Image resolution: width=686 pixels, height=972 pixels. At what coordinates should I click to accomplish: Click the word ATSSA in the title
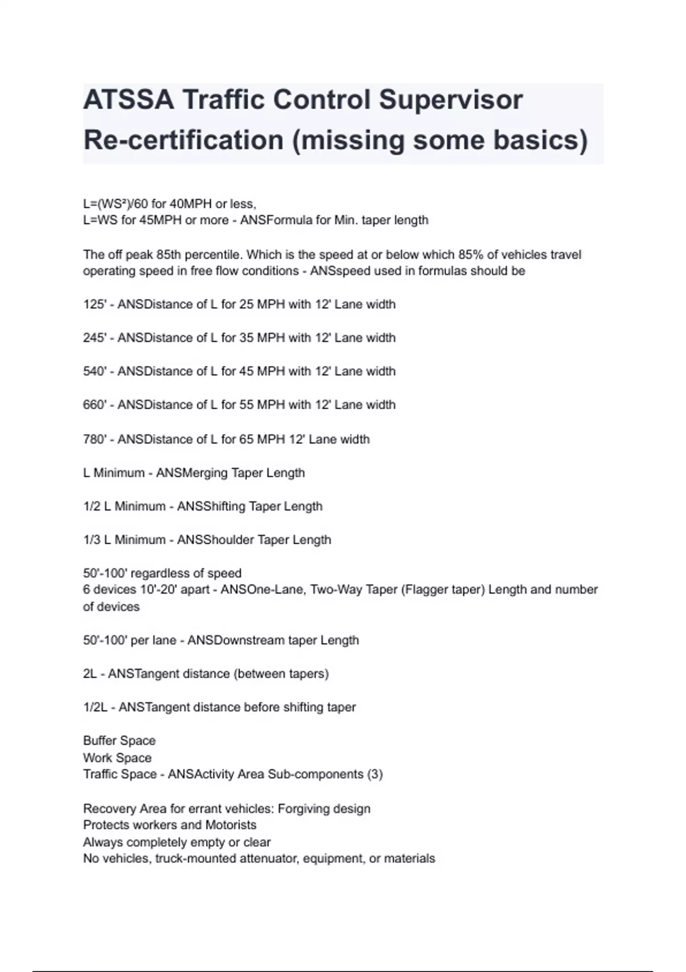pos(128,100)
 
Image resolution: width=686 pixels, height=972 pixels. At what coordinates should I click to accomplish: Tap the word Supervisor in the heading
pos(450,100)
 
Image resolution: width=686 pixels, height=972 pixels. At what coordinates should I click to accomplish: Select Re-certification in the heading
pos(184,140)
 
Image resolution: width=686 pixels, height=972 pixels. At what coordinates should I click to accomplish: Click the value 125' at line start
pos(95,304)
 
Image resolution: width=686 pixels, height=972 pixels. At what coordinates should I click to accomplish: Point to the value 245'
pos(95,338)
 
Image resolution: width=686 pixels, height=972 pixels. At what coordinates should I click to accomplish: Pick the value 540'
pos(95,371)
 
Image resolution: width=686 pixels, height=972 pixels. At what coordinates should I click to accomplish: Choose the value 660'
pos(95,405)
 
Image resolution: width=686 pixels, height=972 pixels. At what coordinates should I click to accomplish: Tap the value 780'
pos(95,439)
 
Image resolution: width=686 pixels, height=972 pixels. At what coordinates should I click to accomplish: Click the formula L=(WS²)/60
pos(115,204)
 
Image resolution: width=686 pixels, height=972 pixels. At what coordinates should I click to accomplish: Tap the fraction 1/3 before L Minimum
pos(91,540)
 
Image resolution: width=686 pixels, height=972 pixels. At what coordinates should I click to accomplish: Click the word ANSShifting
pos(213,507)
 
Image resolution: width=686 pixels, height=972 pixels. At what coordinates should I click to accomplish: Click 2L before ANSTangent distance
pos(90,674)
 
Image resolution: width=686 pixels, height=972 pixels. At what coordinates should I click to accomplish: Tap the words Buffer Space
pos(119,740)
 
